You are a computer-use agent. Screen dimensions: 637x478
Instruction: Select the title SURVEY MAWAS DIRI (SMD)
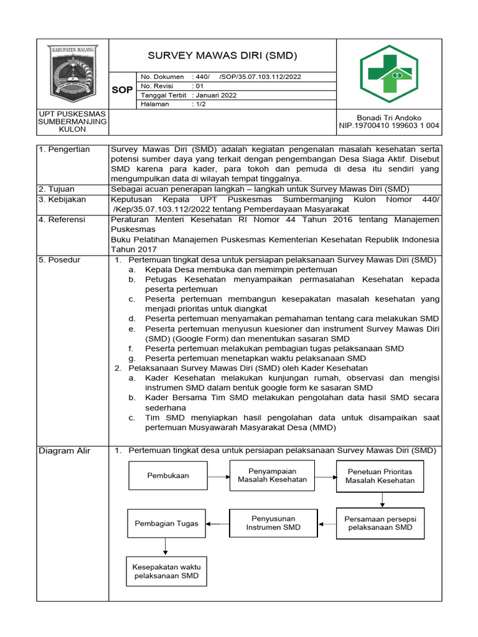(222, 56)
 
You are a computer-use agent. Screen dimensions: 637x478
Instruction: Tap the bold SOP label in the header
(122, 90)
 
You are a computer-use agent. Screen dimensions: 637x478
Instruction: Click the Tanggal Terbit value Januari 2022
(216, 95)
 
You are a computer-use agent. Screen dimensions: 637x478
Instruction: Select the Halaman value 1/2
(200, 105)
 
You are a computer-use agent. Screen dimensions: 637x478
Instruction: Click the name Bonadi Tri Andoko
(389, 118)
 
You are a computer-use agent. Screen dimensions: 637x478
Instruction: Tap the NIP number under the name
(389, 126)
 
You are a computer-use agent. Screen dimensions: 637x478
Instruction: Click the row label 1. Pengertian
(64, 149)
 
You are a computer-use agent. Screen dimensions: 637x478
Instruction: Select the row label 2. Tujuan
(58, 189)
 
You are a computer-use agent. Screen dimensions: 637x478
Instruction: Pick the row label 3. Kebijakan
(63, 200)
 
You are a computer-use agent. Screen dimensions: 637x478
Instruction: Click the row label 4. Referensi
(63, 220)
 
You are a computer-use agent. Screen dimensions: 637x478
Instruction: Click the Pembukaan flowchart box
(168, 475)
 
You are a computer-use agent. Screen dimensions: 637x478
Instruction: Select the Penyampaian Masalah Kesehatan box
(272, 475)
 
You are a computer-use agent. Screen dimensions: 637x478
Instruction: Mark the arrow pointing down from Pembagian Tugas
(166, 546)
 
